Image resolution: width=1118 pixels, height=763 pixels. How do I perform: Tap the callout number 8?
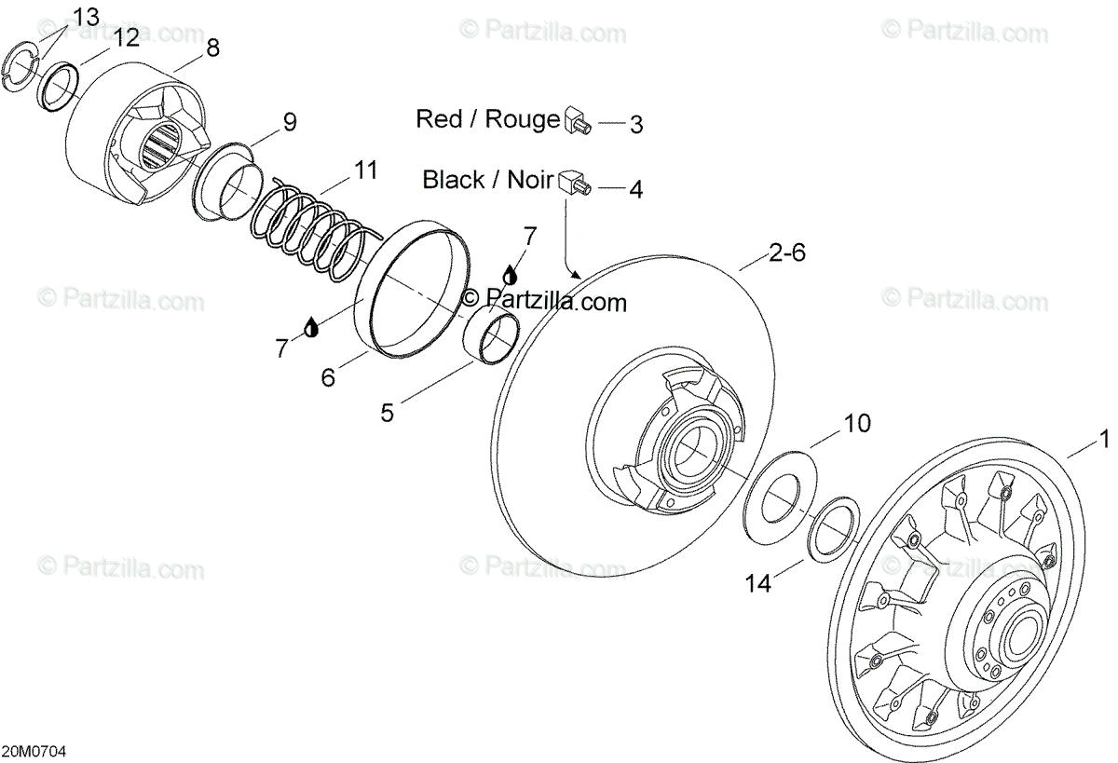(212, 48)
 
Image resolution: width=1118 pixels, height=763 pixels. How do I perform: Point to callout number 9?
(289, 121)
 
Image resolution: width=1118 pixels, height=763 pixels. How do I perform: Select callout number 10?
(856, 424)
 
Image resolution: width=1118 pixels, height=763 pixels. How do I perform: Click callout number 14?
(758, 583)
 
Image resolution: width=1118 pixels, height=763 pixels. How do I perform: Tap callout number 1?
(1104, 438)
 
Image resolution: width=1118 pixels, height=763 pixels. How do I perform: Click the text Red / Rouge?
(486, 119)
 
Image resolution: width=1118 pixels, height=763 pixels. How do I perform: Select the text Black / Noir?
(488, 179)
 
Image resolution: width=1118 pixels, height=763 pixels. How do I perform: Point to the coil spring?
(311, 232)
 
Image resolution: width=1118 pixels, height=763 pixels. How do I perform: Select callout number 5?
(387, 411)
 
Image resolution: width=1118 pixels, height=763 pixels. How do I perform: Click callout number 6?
(328, 376)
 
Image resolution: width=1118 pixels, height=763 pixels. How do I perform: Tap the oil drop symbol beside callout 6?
(310, 326)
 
